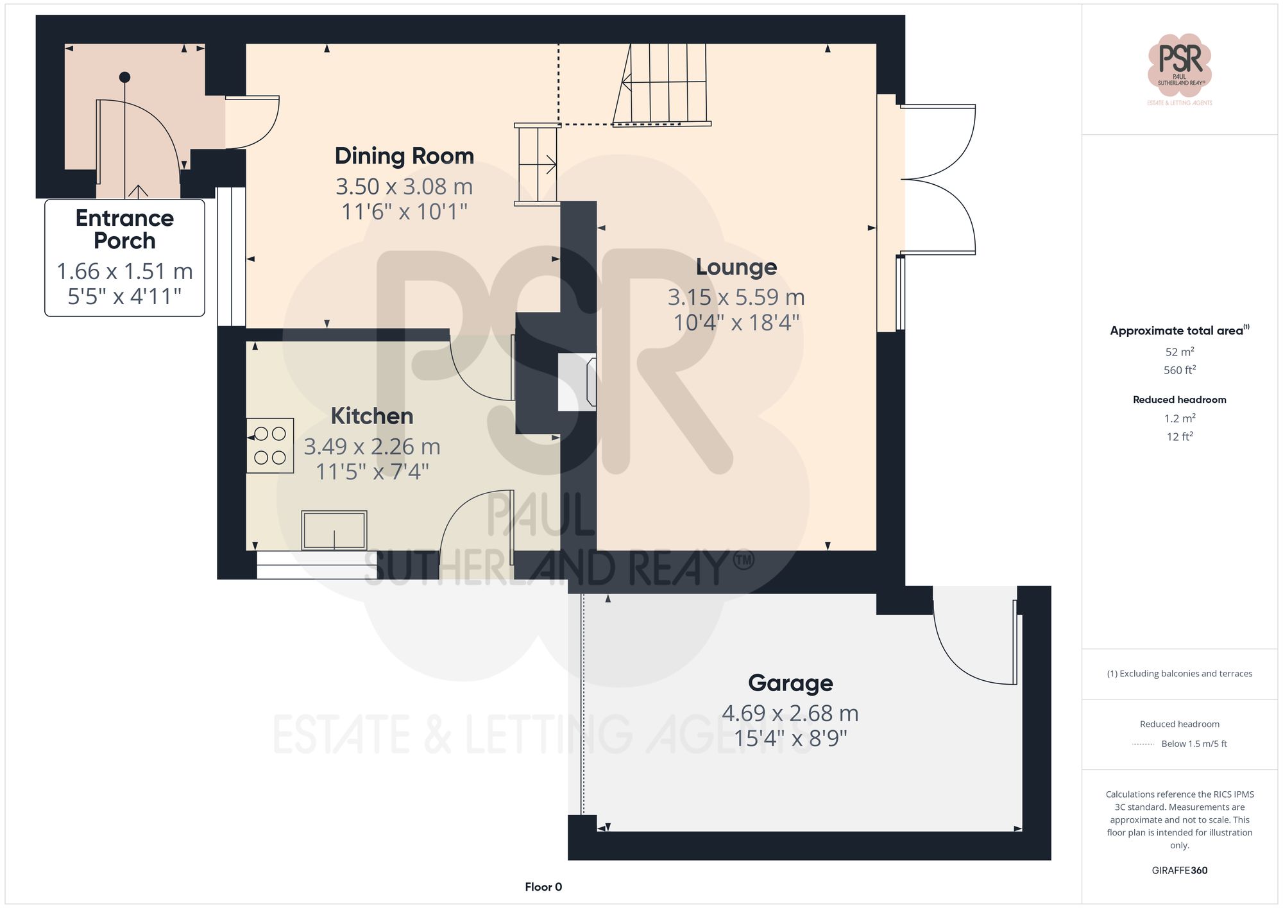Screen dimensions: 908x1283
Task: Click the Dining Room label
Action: [x=404, y=156]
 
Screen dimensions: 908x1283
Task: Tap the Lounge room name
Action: [x=736, y=267]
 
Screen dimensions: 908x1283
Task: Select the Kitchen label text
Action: [x=371, y=416]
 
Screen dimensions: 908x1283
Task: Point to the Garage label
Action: [x=790, y=683]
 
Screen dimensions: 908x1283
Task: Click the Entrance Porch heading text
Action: [x=124, y=229]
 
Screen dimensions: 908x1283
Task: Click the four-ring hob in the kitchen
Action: [x=270, y=445]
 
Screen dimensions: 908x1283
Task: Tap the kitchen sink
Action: [x=334, y=530]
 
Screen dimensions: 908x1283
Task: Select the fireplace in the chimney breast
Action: [x=577, y=382]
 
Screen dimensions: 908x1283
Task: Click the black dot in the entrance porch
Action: [x=125, y=78]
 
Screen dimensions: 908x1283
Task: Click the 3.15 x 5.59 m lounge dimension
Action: [x=736, y=297]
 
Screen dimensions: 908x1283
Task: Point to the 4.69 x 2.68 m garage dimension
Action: [x=790, y=713]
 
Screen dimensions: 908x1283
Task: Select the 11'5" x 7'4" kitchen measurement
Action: [x=372, y=472]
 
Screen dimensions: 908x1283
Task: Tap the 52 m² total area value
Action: [x=1179, y=352]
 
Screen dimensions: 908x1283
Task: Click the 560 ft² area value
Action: [x=1179, y=370]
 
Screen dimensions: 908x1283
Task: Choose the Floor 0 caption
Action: [x=543, y=887]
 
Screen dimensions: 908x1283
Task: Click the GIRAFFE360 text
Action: [x=1179, y=870]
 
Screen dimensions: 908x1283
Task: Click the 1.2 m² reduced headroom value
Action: [x=1179, y=418]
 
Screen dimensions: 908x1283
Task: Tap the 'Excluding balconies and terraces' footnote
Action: [x=1179, y=674]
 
